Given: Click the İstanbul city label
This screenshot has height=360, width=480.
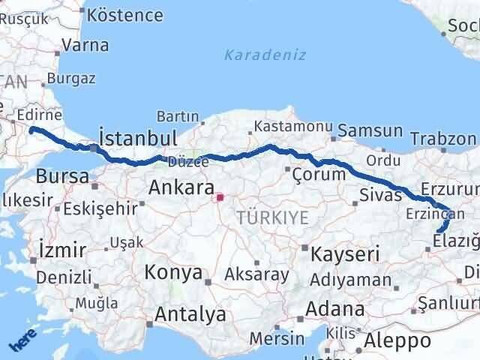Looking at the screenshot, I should (x=138, y=138).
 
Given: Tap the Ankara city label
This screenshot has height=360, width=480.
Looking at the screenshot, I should (x=181, y=187).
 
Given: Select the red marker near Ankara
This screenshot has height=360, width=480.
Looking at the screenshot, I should (x=220, y=199).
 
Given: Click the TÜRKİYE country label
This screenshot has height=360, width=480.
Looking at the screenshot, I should (x=272, y=218).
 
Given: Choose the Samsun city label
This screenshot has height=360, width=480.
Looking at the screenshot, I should (x=370, y=131).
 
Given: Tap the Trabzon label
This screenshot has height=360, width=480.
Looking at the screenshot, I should (x=443, y=139).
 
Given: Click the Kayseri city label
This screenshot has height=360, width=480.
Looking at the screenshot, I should (x=346, y=253).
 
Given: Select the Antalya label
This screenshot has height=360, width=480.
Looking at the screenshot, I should (x=190, y=314).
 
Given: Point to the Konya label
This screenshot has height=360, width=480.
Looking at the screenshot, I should (x=172, y=272).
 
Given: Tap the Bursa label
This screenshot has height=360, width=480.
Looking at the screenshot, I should (x=62, y=178).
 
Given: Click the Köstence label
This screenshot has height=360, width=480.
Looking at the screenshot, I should (x=124, y=15).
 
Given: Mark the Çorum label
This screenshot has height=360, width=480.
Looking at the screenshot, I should (x=321, y=174).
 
